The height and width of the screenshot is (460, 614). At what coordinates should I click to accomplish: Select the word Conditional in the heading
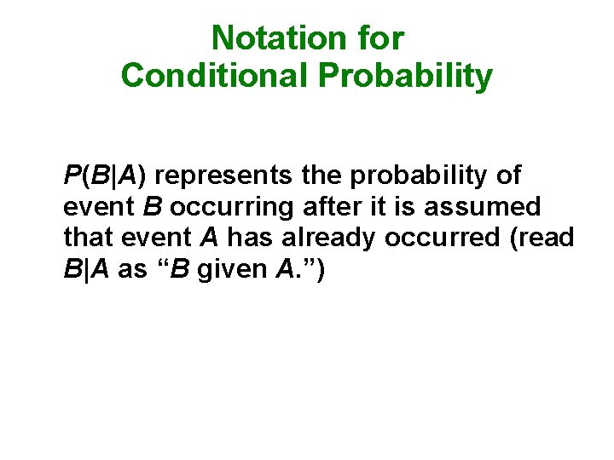pyautogui.click(x=215, y=76)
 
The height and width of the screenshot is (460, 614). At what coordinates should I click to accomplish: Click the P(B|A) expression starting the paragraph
pyautogui.click(x=106, y=176)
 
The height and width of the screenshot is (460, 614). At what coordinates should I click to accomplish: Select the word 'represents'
pyautogui.click(x=224, y=176)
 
